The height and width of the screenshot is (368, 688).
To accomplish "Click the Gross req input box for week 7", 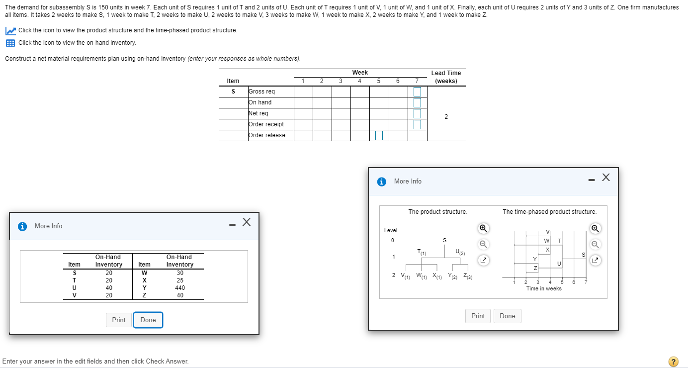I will pyautogui.click(x=417, y=92).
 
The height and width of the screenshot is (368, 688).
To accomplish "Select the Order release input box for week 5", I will pyautogui.click(x=379, y=135).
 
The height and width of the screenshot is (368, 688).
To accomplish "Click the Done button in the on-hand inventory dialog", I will pyautogui.click(x=148, y=320).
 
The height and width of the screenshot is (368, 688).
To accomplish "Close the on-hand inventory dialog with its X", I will pyautogui.click(x=246, y=222).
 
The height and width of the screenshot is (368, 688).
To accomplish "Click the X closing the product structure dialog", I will pyautogui.click(x=605, y=178).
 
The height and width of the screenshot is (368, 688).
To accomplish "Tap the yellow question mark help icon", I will pyautogui.click(x=674, y=362).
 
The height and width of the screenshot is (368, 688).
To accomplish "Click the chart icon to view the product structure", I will pyautogui.click(x=10, y=31).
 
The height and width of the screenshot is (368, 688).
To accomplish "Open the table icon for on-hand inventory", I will pyautogui.click(x=10, y=43).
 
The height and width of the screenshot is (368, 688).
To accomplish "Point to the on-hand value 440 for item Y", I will pyautogui.click(x=180, y=287).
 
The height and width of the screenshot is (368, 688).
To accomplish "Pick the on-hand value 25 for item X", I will pyautogui.click(x=180, y=280).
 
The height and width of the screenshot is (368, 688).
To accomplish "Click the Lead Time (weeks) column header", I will pyautogui.click(x=446, y=77).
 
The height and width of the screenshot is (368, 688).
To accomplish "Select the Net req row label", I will pyautogui.click(x=258, y=113).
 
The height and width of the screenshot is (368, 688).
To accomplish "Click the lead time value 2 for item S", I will pyautogui.click(x=446, y=117).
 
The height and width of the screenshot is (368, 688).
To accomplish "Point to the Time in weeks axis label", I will pyautogui.click(x=544, y=288).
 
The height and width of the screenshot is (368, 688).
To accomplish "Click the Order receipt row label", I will pyautogui.click(x=266, y=124).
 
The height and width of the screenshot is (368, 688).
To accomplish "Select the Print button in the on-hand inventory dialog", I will pyautogui.click(x=119, y=320).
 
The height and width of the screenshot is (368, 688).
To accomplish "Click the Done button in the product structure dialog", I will pyautogui.click(x=508, y=316).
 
